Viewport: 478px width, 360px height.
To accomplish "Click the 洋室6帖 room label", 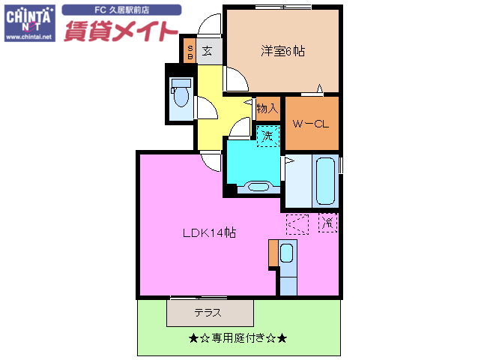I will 282,51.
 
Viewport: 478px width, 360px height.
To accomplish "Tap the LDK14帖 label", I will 210,232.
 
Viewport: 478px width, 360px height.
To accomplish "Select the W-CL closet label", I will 311,124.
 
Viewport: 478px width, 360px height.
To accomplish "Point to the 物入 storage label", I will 267,109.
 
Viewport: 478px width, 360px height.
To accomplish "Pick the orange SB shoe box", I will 190,52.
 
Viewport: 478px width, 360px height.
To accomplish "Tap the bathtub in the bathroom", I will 324,180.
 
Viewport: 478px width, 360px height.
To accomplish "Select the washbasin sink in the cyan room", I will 258,187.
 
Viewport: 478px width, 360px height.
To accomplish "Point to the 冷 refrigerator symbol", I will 327,222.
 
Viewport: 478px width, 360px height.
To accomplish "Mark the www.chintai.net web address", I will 28,36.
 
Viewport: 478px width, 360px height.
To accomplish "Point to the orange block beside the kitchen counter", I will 273,254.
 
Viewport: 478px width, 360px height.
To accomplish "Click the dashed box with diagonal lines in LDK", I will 297,223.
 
